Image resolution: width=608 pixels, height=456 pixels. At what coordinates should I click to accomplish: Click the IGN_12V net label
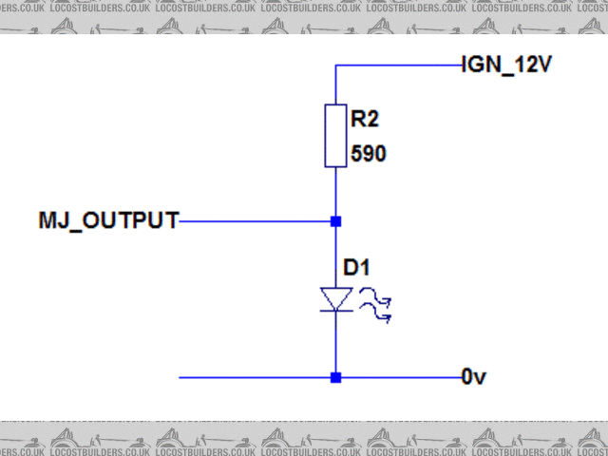click(x=506, y=66)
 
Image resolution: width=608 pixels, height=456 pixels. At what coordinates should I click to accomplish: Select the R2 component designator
click(x=366, y=119)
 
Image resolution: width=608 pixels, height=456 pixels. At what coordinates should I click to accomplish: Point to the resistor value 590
click(x=368, y=153)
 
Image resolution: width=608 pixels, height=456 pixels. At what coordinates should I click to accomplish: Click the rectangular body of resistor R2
click(x=335, y=136)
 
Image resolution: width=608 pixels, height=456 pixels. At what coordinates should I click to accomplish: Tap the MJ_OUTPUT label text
click(x=107, y=221)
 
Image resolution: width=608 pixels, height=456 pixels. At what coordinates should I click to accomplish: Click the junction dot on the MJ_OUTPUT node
click(x=335, y=221)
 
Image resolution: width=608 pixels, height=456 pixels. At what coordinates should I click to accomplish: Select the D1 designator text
click(x=356, y=268)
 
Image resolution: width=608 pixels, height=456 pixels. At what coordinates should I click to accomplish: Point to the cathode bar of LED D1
click(x=335, y=311)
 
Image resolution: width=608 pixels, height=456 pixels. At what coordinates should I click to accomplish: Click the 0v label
click(x=473, y=377)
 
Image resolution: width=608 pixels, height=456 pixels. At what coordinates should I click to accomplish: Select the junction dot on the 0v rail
click(x=335, y=377)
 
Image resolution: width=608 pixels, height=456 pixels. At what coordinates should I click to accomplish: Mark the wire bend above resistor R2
click(x=335, y=66)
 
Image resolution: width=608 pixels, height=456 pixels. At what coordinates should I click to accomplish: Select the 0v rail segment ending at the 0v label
click(x=399, y=377)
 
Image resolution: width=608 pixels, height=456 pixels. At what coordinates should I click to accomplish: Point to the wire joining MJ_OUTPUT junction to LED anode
click(x=335, y=255)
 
